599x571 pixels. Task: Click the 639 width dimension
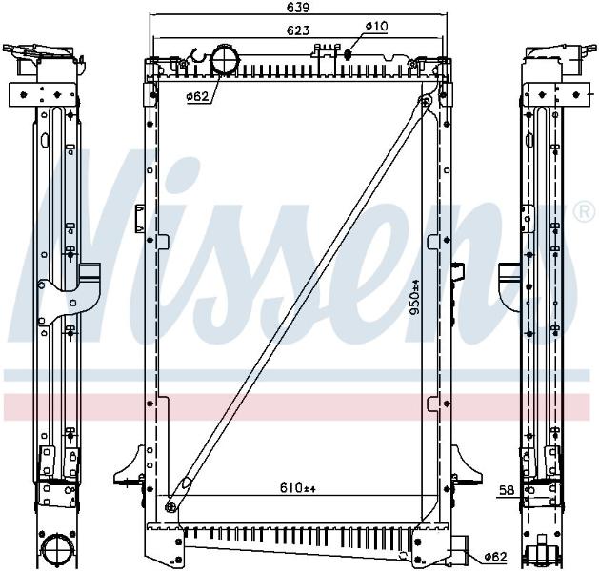298,8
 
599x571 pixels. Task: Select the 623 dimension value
298,30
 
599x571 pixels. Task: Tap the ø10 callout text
376,26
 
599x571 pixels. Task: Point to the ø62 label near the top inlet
198,96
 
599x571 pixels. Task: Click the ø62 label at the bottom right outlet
495,557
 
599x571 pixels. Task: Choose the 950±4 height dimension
414,297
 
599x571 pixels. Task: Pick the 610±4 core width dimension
298,487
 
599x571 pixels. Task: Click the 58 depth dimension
507,490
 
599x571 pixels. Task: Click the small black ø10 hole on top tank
348,54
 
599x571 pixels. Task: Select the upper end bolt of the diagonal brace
426,101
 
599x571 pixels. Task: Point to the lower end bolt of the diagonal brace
170,507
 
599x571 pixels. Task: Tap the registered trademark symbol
587,212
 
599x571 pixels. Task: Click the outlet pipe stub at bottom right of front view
460,548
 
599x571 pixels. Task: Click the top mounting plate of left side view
42,94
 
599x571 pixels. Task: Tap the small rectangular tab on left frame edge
139,219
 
